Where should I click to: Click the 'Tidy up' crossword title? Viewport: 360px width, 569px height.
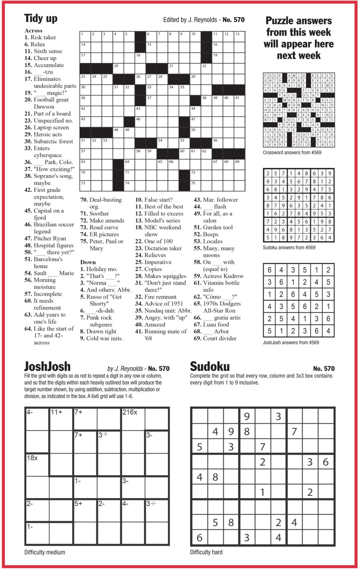point(41,18)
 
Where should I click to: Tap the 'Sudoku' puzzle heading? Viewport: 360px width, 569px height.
point(210,366)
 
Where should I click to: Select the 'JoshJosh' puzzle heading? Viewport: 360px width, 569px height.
point(48,366)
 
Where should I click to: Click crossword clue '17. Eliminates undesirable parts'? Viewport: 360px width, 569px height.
point(50,82)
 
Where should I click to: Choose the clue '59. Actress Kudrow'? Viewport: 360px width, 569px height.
point(219,276)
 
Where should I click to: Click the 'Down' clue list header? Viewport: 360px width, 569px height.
point(88,262)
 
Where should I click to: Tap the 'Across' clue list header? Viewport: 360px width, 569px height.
point(33,30)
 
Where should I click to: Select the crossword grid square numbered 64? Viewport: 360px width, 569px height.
point(130,165)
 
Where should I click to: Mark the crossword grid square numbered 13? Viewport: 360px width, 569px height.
point(239,36)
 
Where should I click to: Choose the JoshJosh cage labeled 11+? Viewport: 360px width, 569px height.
point(61,418)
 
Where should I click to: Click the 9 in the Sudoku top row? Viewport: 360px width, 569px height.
point(247,416)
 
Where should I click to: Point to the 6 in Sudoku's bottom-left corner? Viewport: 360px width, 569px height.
point(199,538)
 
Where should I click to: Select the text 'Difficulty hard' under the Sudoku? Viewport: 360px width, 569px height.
point(206,552)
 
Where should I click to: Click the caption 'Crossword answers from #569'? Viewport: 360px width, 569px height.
point(292,153)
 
